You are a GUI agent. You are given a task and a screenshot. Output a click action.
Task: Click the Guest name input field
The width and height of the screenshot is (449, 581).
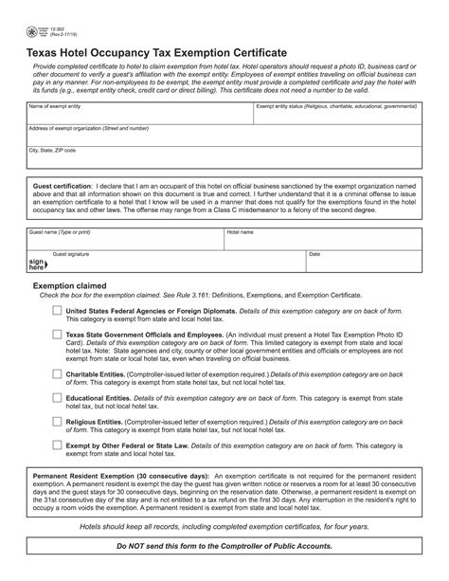click(x=123, y=240)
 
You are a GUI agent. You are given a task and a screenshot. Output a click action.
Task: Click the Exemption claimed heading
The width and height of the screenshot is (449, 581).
click(x=70, y=284)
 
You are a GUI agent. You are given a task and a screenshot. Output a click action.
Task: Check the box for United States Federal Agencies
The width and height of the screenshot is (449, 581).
click(x=57, y=310)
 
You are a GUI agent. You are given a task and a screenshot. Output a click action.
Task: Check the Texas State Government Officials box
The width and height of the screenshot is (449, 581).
click(x=57, y=335)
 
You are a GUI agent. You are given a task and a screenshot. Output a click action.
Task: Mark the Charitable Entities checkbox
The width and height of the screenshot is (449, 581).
click(x=57, y=374)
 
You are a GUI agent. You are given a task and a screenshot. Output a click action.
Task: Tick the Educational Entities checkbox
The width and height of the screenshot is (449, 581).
click(x=57, y=399)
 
